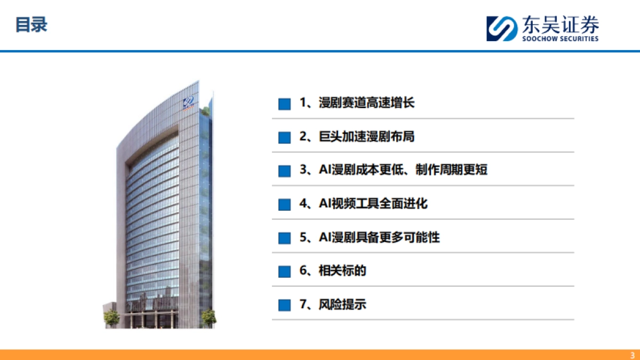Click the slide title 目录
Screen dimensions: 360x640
[x=31, y=25]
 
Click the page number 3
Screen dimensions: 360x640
[x=632, y=355]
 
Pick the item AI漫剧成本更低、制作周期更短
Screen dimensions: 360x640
[x=403, y=170]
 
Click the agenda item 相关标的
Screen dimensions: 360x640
[x=342, y=271]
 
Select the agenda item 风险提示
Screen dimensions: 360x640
[x=342, y=305]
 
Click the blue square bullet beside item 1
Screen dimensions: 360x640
[x=284, y=104]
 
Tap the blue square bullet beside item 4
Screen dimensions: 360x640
[x=284, y=205]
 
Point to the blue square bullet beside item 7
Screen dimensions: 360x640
[x=284, y=305]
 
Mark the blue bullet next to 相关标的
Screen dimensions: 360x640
[x=284, y=271]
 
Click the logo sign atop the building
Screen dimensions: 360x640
[x=188, y=102]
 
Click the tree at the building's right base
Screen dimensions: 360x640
[x=208, y=317]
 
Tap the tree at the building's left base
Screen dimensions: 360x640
[x=111, y=317]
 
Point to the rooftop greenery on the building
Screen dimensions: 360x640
[x=206, y=111]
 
